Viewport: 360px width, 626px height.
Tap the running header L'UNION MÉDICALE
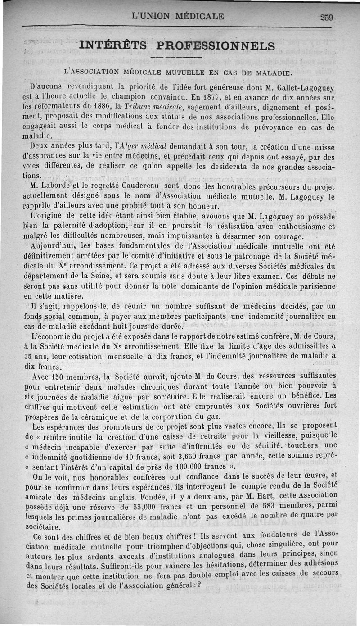click(178, 17)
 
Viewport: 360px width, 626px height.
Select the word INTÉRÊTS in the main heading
click(112, 45)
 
